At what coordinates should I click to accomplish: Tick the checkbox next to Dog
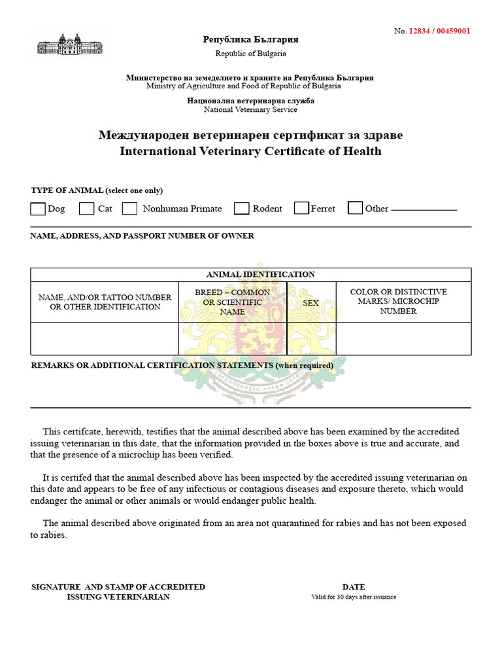pyautogui.click(x=38, y=209)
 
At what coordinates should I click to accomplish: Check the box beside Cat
pyautogui.click(x=87, y=209)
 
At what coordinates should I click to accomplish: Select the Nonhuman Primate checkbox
pyautogui.click(x=129, y=209)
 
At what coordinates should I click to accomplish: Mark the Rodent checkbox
pyautogui.click(x=242, y=209)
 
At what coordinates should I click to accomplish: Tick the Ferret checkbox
pyautogui.click(x=301, y=208)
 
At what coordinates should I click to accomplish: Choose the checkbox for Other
pyautogui.click(x=355, y=208)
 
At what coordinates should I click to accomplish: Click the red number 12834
pyautogui.click(x=419, y=31)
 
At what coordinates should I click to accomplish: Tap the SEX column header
pyautogui.click(x=311, y=303)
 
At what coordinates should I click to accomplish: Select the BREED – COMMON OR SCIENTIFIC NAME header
pyautogui.click(x=232, y=302)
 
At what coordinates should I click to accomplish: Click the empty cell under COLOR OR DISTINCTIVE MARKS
pyautogui.click(x=403, y=338)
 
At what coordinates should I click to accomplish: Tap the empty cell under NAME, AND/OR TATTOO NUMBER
pyautogui.click(x=105, y=338)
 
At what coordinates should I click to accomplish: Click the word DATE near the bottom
pyautogui.click(x=354, y=587)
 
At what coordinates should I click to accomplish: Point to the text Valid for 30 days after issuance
pyautogui.click(x=354, y=597)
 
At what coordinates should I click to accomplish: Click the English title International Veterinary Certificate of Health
pyautogui.click(x=250, y=152)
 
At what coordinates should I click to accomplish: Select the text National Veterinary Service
pyautogui.click(x=250, y=110)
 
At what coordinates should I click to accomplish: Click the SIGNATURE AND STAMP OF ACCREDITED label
pyautogui.click(x=118, y=587)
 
